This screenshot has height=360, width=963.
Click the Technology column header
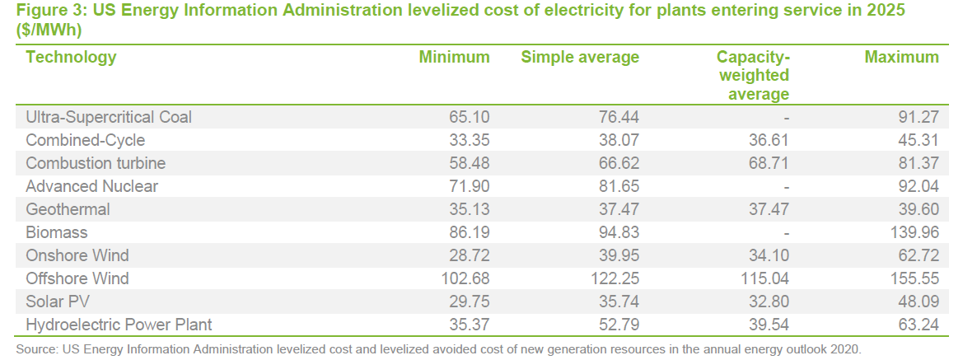[x=71, y=57]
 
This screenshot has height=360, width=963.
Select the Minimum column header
[x=454, y=57]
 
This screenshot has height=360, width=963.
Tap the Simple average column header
[x=580, y=57]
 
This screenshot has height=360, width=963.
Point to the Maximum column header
[x=901, y=57]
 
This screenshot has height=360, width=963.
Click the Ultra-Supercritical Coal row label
[x=109, y=117]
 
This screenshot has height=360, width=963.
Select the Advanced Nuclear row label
[x=91, y=186]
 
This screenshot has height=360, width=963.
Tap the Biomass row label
[x=57, y=232]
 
